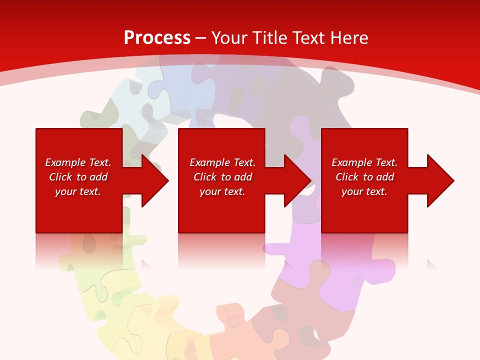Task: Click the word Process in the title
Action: [157, 38]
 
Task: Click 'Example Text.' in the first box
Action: [78, 162]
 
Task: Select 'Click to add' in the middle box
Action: [222, 177]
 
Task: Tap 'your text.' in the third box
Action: [364, 191]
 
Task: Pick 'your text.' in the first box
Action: [78, 191]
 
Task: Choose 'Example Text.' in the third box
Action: [364, 162]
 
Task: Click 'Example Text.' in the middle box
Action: [222, 162]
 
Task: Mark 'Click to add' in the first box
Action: [78, 177]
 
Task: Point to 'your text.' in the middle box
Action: [222, 191]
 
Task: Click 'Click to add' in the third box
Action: [364, 177]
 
